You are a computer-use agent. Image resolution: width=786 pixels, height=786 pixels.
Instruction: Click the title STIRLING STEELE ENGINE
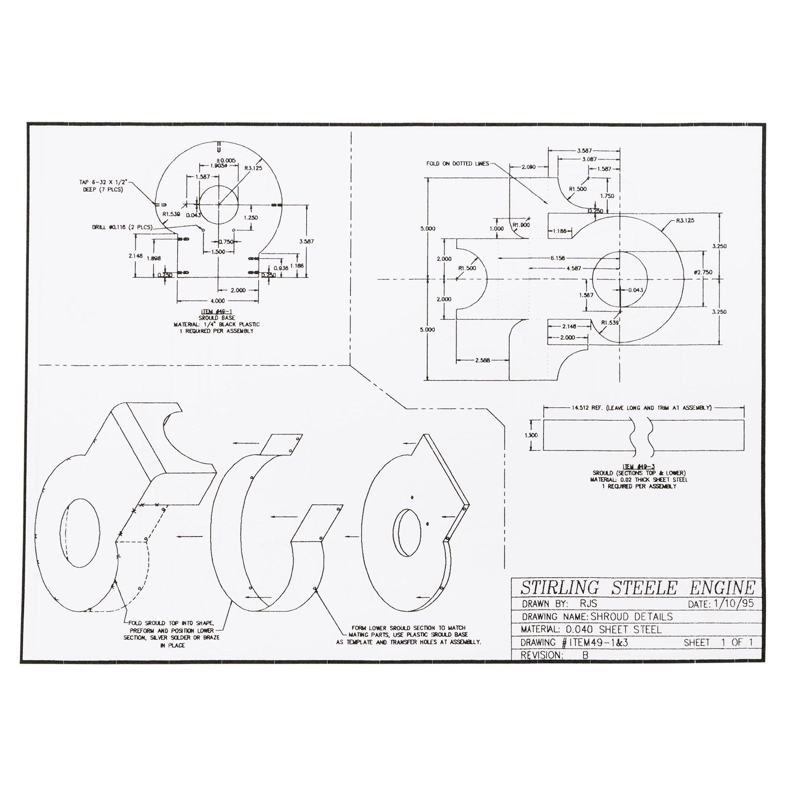coord(637,588)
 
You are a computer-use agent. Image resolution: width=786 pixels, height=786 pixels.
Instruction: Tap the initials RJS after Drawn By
coord(586,603)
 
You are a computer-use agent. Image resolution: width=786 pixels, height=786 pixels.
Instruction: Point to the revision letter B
coord(585,655)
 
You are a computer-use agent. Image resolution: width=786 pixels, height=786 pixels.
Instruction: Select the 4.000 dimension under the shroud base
coord(218,301)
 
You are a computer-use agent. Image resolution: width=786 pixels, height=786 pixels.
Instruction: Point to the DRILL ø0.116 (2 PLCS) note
coord(122,227)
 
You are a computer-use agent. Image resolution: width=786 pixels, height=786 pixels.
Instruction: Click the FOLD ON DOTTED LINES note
coord(457,164)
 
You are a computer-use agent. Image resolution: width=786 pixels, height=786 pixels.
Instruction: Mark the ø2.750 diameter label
coord(704,272)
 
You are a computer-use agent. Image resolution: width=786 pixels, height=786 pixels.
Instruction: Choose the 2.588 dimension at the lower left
coord(483,359)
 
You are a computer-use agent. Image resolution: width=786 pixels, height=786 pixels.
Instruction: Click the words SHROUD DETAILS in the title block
coord(631,616)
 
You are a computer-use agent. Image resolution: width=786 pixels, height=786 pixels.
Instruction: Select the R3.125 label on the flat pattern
coord(685,221)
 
